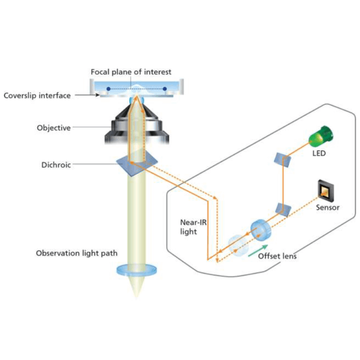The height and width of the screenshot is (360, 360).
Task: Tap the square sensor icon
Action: [325, 191]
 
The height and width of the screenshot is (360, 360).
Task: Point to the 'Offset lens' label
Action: [277, 256]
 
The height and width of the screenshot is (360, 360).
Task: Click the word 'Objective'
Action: [53, 128]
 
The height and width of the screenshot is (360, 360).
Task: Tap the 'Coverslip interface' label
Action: [37, 95]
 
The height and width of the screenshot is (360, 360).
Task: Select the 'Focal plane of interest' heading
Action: [131, 72]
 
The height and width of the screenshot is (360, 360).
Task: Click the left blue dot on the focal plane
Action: [109, 89]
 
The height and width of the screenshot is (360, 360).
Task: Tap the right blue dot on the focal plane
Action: [165, 89]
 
